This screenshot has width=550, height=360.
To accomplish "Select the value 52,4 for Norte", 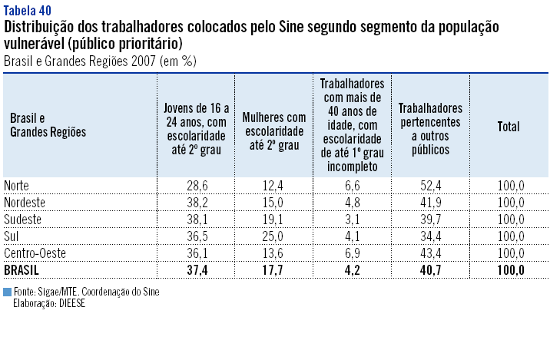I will click(x=430, y=186).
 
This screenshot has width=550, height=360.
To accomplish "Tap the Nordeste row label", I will click(x=25, y=203).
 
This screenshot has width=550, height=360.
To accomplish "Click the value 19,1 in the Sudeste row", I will click(x=273, y=220).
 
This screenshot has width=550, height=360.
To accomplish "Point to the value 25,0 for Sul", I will click(x=273, y=236).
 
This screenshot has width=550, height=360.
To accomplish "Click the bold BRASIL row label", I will click(x=22, y=269).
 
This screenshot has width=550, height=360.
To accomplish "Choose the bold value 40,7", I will click(x=430, y=269).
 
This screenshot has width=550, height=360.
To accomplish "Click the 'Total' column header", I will click(x=509, y=127).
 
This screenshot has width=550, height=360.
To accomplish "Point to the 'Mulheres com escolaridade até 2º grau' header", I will click(x=274, y=131).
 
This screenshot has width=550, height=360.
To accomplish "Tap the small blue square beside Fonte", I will click(x=7, y=292).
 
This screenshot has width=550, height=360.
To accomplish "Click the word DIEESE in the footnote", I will click(x=70, y=303).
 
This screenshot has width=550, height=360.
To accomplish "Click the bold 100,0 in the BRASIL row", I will click(x=509, y=269).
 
